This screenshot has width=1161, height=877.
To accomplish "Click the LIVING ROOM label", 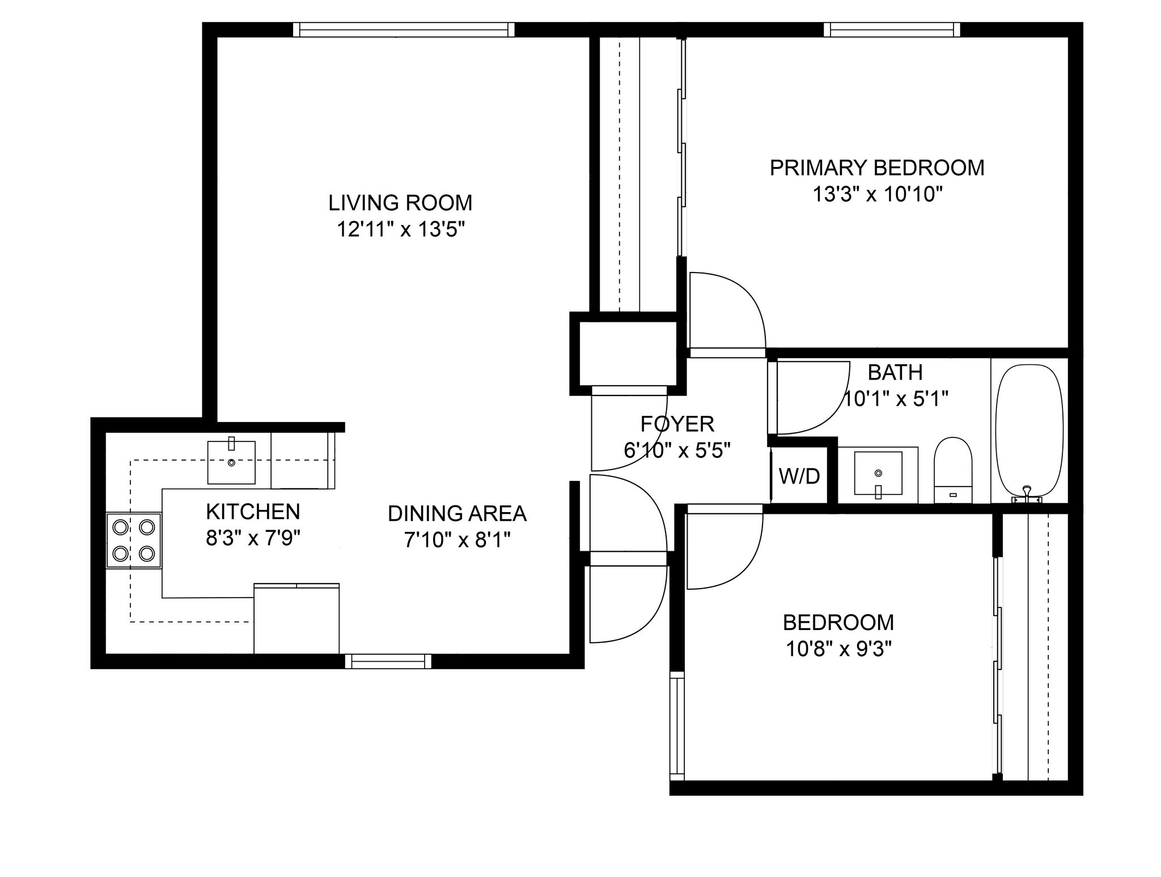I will tap(400, 202).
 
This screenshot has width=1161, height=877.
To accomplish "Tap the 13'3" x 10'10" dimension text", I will tap(877, 194).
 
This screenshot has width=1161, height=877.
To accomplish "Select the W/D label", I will tap(799, 476).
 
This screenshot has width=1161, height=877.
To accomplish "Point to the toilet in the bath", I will tap(953, 469).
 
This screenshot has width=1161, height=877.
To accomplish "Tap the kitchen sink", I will tap(231, 462).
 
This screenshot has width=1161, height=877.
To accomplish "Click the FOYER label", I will tap(677, 424).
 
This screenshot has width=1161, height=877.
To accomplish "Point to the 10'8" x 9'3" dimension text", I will tap(838, 649).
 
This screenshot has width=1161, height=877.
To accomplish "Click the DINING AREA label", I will tap(457, 513).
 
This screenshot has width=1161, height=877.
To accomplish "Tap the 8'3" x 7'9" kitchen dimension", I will tap(253, 538).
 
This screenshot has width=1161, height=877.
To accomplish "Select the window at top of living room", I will tap(404, 29).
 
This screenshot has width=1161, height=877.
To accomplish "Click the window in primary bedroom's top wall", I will tap(892, 29).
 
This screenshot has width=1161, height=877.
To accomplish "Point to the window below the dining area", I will tap(388, 661).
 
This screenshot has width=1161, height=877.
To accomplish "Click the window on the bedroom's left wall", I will tap(677, 726).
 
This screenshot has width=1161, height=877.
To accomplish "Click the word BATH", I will tap(895, 372).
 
